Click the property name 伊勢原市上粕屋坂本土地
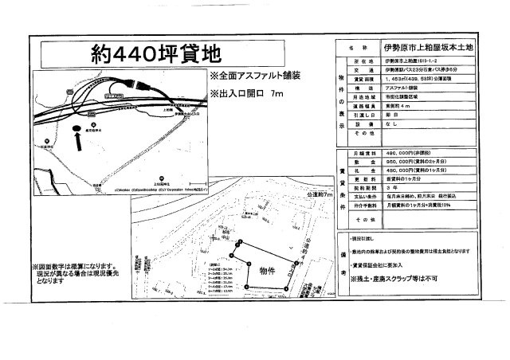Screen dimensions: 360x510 tap(428, 48)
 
